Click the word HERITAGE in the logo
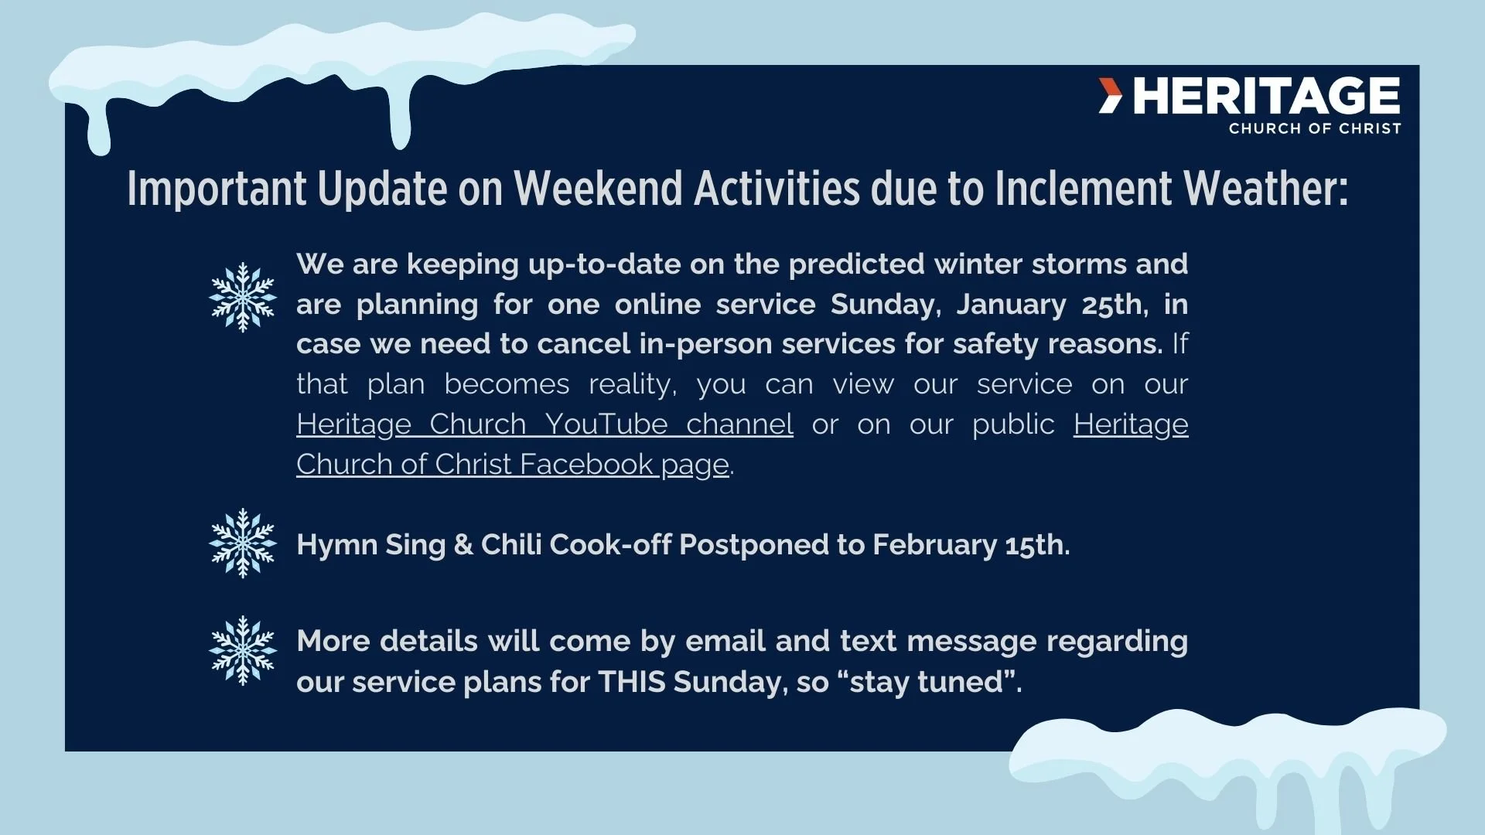1266,96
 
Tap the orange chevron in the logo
1111,96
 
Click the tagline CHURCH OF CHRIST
1315,129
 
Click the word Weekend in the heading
598,189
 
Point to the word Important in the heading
217,189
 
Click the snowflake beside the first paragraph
243,298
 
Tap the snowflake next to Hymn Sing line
243,544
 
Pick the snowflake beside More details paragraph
243,651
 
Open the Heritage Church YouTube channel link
544,424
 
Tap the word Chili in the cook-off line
510,545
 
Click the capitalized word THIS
631,682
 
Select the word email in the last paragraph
726,642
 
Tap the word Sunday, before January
886,305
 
